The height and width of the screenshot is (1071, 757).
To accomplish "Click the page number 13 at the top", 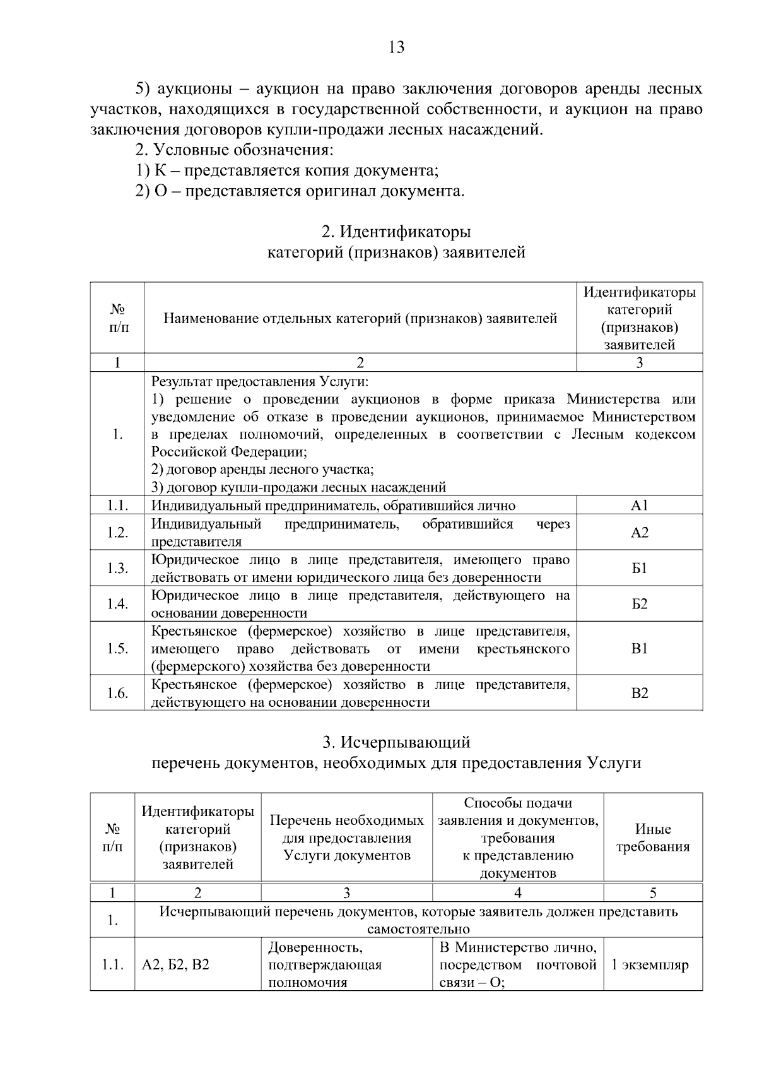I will pos(397,47).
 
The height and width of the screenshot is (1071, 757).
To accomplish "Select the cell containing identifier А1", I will pos(639,506).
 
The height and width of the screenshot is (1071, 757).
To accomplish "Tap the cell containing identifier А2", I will pos(639,533).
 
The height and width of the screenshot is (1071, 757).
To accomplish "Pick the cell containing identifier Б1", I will pos(639,569).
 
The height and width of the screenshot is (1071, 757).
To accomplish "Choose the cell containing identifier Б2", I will pos(639,605).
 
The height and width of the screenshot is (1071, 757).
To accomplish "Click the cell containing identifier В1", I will pos(639,649).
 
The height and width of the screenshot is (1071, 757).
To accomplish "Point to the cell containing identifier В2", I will pos(639,694).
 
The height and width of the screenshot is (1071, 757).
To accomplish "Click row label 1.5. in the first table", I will pos(117,649).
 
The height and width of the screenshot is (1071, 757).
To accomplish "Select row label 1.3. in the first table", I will pos(117,569).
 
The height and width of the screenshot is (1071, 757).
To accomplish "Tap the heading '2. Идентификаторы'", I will pos(396,232).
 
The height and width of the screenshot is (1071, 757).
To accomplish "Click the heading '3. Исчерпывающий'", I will pos(396,742).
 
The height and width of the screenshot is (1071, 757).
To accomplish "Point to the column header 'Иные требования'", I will pos(653,837).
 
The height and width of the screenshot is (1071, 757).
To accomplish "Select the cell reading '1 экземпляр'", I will pos(653,965).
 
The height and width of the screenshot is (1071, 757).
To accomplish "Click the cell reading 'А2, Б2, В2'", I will pos(176,965).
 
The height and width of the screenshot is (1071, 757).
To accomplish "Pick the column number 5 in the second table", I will pos(653,892).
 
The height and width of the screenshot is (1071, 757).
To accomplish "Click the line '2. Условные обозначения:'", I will pos(234,150).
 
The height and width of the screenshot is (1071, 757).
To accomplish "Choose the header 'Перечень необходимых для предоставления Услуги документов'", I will pos(346,837).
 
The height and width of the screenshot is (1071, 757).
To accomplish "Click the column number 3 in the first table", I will pos(639,362).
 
